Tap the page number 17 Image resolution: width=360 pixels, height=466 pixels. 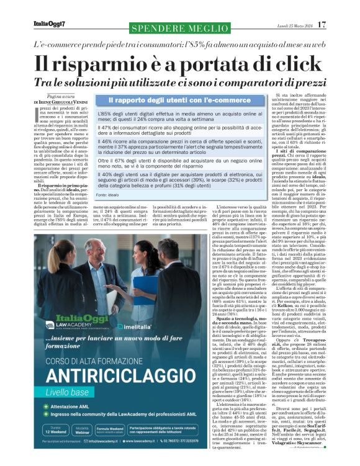point(321,24)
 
